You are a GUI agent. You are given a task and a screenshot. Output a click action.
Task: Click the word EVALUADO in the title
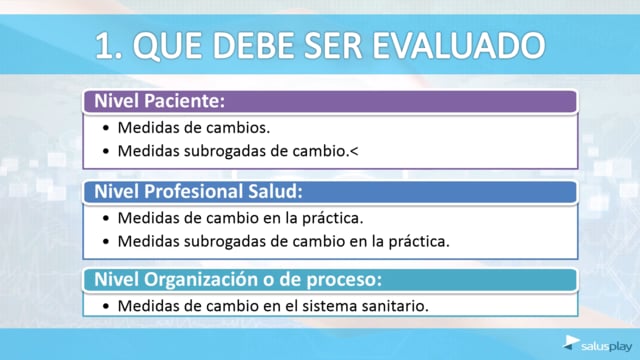458,45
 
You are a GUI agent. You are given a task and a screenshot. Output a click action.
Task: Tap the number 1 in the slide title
105,45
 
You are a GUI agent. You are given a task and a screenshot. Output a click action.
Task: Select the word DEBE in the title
252,45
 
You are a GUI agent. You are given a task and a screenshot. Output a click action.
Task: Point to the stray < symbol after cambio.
354,151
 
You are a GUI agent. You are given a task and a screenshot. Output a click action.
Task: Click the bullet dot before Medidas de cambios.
106,128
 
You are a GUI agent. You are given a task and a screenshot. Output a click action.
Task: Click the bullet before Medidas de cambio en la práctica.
106,218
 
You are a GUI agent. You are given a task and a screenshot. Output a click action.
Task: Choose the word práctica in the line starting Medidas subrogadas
419,241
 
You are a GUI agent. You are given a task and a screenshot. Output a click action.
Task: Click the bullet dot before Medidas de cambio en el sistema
106,306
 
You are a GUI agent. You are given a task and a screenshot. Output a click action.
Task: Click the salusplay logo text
607,347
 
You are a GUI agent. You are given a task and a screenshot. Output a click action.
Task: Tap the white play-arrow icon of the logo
571,342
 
